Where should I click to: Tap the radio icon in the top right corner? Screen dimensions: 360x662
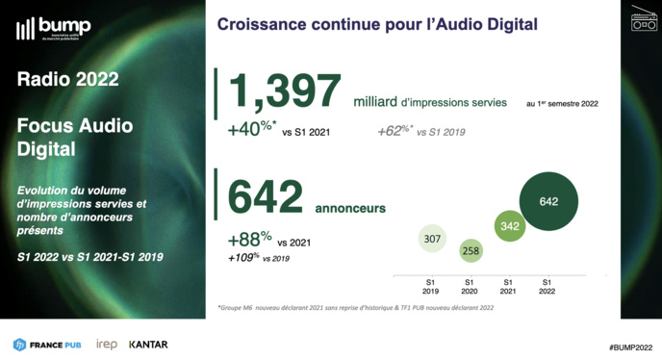644,19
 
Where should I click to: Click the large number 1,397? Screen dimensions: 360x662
284,93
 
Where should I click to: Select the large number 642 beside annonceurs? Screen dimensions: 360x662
266,197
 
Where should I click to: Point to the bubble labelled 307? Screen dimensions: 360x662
431,238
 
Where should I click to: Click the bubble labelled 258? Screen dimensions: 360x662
471,251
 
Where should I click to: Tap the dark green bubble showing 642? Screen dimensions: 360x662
548,201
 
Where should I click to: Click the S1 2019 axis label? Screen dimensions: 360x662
431,286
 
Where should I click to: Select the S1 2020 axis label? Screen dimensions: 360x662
471,286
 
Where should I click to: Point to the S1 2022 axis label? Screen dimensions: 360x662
548,286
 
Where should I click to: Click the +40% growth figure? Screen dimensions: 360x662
252,130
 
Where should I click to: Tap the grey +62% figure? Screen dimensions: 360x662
395,130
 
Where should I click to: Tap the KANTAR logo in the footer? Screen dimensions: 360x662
148,344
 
